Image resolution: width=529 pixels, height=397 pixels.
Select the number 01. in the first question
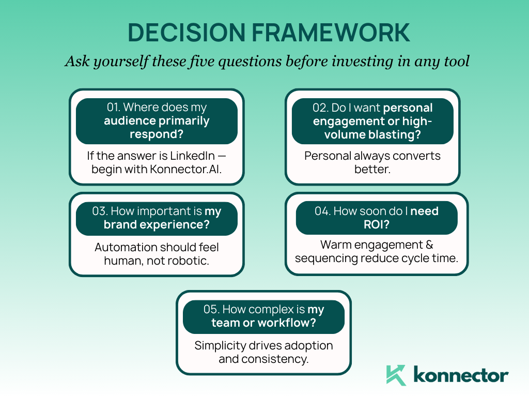(x=113, y=108)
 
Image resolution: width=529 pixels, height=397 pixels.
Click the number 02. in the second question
(x=320, y=108)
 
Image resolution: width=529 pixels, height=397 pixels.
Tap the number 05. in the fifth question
(x=212, y=310)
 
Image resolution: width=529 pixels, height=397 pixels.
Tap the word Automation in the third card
(x=122, y=247)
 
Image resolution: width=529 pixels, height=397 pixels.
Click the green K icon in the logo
(x=397, y=375)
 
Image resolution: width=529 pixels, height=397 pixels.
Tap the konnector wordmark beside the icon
(x=461, y=375)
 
